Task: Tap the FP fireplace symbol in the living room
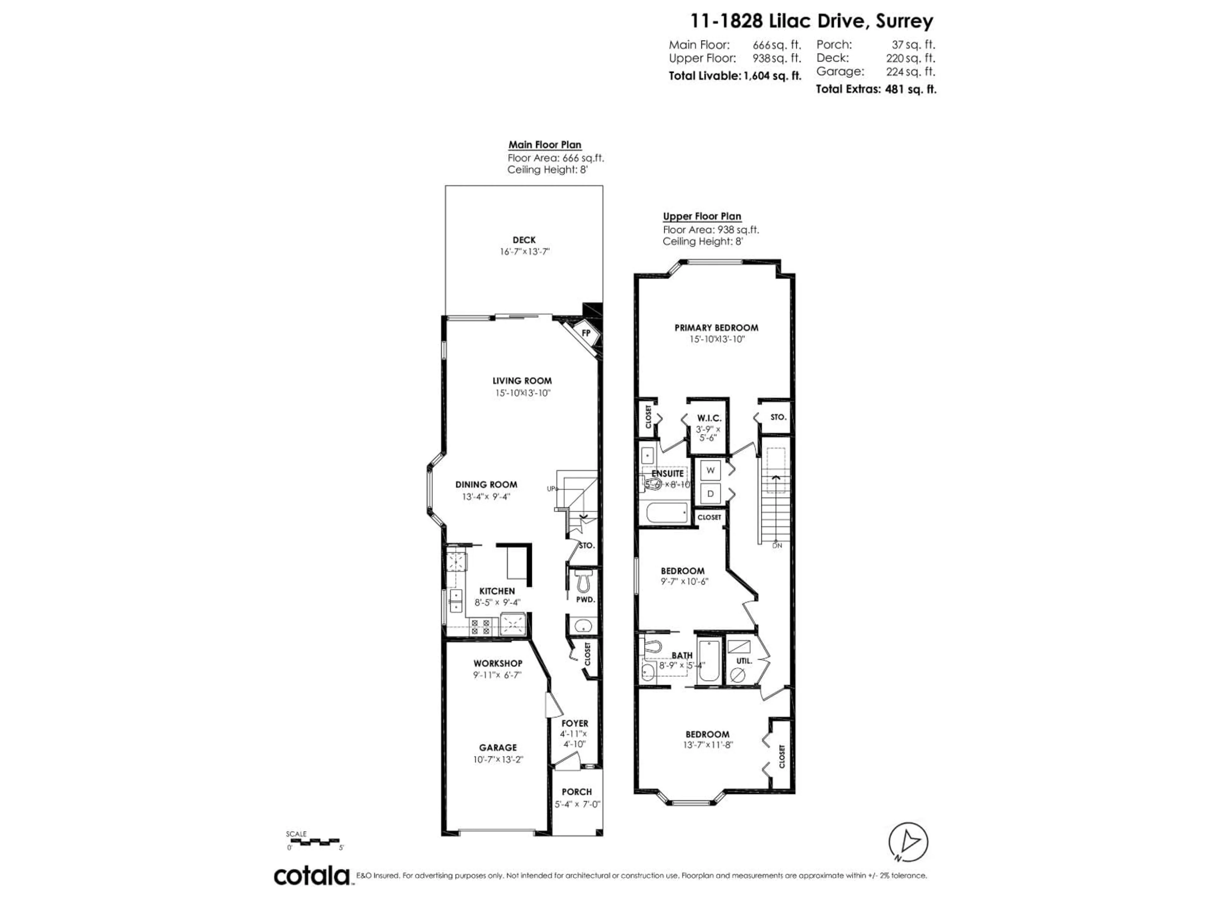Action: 586,333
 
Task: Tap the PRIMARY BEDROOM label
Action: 716,328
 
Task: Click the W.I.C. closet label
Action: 709,418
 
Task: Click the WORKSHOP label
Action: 498,663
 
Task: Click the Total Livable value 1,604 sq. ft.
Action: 772,76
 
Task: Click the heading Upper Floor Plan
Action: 702,216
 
